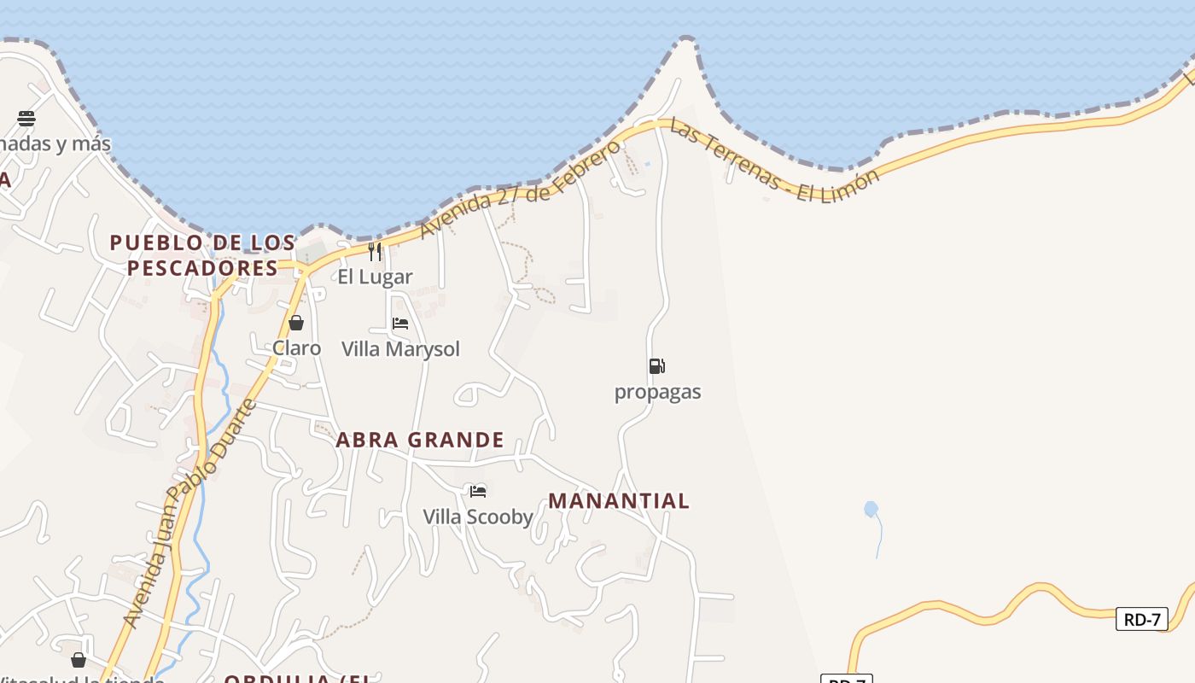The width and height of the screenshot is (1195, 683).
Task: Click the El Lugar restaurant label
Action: (x=375, y=277)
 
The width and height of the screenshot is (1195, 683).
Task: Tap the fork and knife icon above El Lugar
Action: (x=375, y=251)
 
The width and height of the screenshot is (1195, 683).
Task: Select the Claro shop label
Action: (x=296, y=347)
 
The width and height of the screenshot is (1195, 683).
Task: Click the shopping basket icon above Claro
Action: (x=296, y=323)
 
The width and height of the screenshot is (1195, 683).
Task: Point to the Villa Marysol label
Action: (x=400, y=348)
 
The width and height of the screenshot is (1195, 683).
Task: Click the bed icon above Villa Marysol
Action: (x=400, y=324)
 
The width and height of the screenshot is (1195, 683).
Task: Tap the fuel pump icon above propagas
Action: (x=656, y=366)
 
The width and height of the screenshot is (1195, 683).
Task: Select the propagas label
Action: (x=657, y=392)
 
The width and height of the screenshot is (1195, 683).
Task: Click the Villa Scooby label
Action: (x=478, y=517)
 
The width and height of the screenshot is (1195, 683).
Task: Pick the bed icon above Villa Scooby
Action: (x=478, y=491)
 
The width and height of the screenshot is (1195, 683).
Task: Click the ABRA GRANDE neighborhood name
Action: (x=420, y=440)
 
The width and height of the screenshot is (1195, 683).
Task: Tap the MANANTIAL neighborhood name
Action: (x=619, y=501)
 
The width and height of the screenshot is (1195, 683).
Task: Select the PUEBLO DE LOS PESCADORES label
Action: (x=203, y=255)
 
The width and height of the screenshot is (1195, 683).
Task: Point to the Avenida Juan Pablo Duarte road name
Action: (x=189, y=513)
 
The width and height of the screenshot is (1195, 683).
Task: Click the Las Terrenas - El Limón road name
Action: (x=773, y=161)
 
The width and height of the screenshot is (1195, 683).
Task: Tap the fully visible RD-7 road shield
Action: (x=1141, y=619)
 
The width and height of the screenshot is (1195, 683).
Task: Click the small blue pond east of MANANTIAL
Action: (x=871, y=510)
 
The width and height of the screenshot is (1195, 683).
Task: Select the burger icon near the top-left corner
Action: (x=26, y=118)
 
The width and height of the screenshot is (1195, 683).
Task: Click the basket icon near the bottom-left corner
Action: (x=79, y=660)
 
